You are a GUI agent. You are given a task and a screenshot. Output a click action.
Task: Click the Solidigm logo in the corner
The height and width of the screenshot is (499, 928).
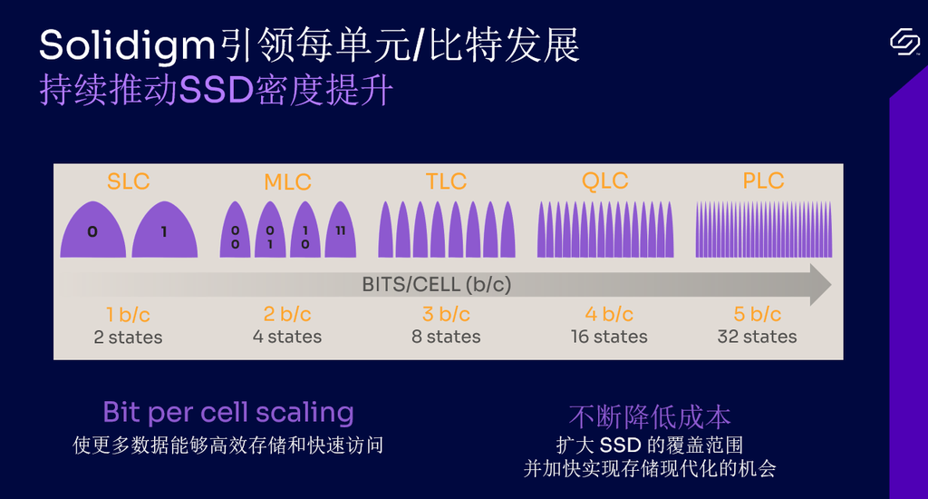(905, 42)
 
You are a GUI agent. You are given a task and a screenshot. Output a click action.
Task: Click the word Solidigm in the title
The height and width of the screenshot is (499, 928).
(127, 46)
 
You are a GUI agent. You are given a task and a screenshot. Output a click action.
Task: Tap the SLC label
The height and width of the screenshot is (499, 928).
(129, 181)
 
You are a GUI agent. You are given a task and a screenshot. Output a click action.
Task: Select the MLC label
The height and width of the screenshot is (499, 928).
(287, 182)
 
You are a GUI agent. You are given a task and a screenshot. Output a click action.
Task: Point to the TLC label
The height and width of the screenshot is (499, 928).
(446, 181)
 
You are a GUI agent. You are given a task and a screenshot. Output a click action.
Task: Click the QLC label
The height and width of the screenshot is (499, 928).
(604, 181)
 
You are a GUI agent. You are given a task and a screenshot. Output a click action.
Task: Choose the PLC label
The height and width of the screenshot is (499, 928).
(763, 181)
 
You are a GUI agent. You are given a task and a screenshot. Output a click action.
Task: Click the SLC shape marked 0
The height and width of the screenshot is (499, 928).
(93, 230)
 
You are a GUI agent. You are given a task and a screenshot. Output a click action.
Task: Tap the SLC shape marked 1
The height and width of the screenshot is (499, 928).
(165, 230)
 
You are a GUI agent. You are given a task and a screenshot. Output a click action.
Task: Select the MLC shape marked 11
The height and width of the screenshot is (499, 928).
(341, 230)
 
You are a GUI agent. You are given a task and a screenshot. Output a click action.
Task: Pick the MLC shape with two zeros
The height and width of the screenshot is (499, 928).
(235, 230)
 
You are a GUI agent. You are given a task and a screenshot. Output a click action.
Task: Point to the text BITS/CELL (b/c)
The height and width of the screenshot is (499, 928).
(437, 285)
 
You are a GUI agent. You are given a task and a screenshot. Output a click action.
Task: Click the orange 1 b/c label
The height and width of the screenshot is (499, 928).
(128, 315)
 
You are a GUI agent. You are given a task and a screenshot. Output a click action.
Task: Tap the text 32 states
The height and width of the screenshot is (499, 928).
(757, 337)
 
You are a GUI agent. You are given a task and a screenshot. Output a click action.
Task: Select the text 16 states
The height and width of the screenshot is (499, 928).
(609, 337)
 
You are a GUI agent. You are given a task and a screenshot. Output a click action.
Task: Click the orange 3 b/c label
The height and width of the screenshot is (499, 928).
(446, 314)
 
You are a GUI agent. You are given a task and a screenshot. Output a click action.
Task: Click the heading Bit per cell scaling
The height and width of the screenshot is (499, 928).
(228, 413)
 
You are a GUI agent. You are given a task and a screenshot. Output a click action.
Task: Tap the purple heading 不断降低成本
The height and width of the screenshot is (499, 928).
(650, 417)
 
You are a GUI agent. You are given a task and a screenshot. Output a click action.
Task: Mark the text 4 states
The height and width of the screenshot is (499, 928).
(287, 337)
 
